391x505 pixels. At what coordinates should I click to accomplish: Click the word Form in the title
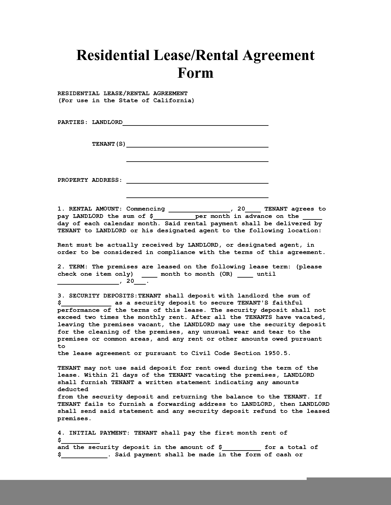[195, 73]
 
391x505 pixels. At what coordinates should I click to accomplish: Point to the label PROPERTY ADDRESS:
[90, 180]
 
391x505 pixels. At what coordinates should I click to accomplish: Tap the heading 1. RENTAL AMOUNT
[90, 209]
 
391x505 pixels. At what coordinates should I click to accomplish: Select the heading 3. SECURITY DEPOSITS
[97, 296]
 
